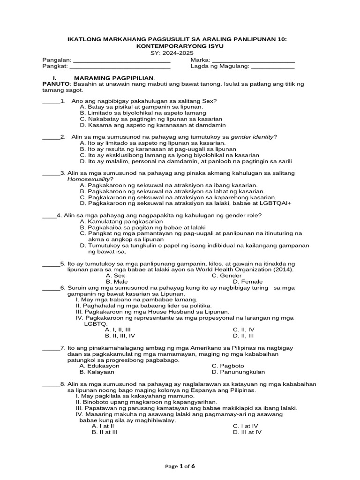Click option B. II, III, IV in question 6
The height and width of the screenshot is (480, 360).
point(120,336)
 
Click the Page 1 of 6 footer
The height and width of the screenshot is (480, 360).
point(180,466)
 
